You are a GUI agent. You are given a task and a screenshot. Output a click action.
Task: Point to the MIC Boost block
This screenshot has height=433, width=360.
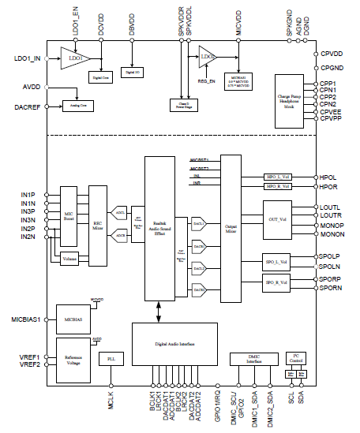pyautogui.click(x=69, y=215)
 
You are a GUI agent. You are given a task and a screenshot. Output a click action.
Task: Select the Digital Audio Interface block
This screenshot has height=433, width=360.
pyautogui.click(x=173, y=344)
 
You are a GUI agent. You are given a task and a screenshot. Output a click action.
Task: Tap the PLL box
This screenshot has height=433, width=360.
pyautogui.click(x=111, y=359)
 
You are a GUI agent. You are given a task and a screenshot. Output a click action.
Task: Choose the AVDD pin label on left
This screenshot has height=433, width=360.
pyautogui.click(x=31, y=88)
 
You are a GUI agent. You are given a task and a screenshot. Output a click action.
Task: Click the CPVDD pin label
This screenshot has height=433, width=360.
pyautogui.click(x=332, y=54)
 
